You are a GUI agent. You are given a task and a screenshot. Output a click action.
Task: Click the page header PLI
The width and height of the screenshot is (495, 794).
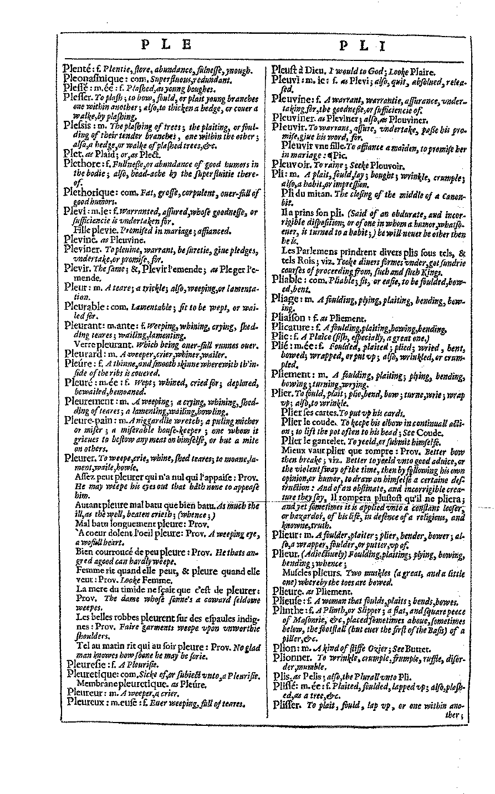coord(361,47)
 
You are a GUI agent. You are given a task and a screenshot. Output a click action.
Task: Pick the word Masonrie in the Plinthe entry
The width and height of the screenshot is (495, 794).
coord(300,621)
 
